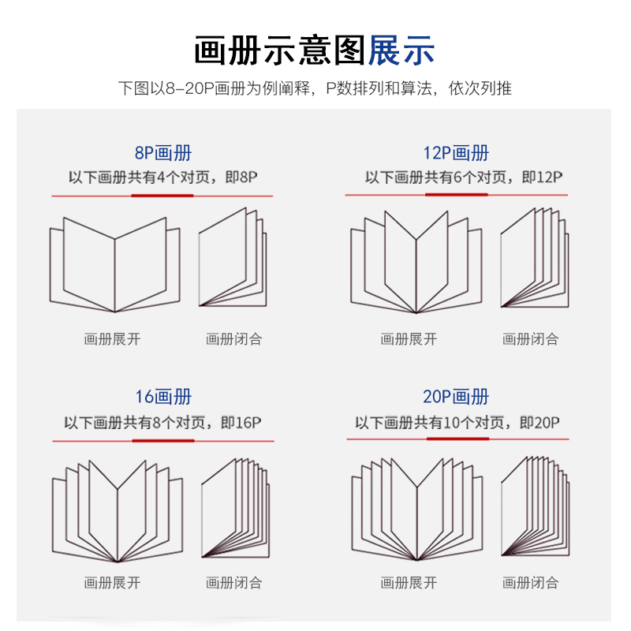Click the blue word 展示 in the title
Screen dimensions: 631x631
tap(401, 50)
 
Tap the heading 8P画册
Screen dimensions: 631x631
tap(162, 153)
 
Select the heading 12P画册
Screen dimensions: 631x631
tap(456, 153)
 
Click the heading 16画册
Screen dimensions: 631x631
tap(162, 397)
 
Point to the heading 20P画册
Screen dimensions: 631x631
tap(456, 397)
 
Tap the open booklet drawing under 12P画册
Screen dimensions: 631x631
tap(416, 263)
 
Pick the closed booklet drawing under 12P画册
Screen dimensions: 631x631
tap(533, 258)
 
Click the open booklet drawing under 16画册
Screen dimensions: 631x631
tap(117, 510)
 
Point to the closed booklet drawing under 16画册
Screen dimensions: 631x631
tap(235, 505)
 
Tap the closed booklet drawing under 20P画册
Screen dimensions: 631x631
tap(535, 505)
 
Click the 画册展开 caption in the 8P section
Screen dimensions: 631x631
tap(112, 339)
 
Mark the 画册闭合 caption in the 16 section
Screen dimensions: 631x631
tap(233, 583)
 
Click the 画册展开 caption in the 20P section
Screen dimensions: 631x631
tap(409, 583)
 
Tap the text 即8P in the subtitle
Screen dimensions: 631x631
tap(241, 178)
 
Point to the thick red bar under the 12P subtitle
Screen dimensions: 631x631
tap(456, 194)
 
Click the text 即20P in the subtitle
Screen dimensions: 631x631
tap(540, 423)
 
